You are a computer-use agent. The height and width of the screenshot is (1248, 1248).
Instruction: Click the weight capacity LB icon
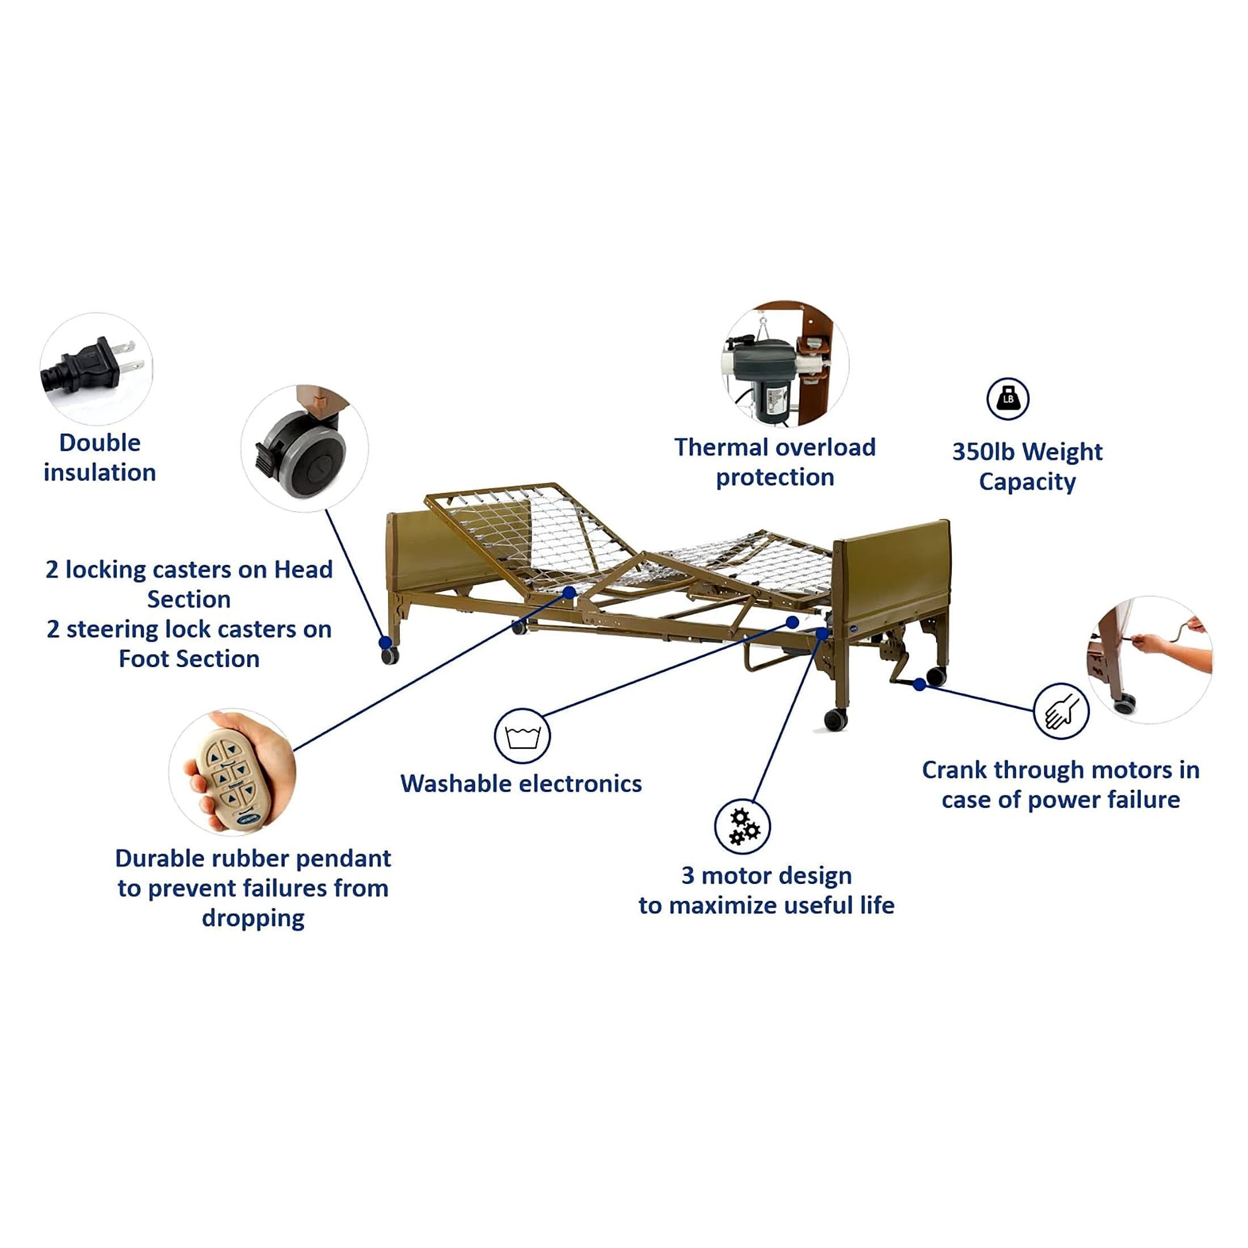click(1007, 399)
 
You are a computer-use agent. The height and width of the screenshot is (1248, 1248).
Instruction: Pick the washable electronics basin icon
click(522, 736)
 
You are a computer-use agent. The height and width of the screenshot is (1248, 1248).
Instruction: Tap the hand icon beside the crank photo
click(1061, 711)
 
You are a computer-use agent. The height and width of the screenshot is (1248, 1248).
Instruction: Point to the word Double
click(99, 443)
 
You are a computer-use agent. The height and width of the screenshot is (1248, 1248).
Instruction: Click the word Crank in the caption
click(954, 770)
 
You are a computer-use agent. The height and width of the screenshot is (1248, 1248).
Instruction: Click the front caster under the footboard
click(835, 719)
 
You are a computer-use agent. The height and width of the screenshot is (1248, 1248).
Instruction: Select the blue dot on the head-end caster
click(385, 642)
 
